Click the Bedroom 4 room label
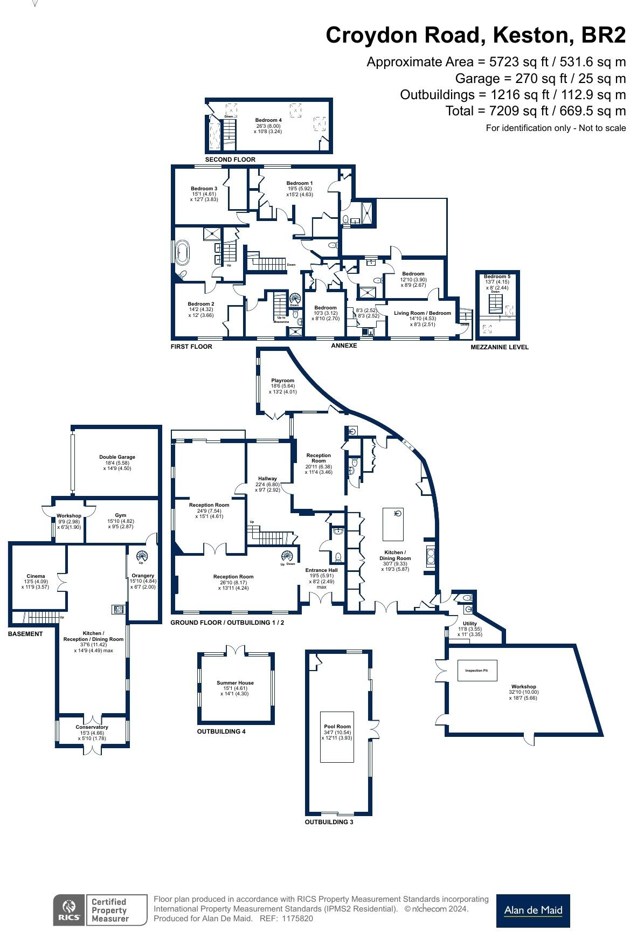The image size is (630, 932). click(268, 120)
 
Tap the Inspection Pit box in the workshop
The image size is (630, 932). click(476, 671)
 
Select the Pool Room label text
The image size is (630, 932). click(337, 727)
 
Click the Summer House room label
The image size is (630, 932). click(235, 683)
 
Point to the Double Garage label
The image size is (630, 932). click(117, 457)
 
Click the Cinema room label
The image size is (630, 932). click(36, 576)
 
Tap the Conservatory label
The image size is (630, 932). click(92, 727)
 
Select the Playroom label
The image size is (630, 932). click(282, 381)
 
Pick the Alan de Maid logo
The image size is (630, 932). click(532, 910)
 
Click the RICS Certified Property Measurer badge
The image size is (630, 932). click(100, 910)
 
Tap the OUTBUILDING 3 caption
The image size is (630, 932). click(329, 822)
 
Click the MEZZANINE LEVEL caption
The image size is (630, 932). click(499, 347)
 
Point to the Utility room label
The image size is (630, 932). click(470, 624)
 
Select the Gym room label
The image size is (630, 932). click(120, 515)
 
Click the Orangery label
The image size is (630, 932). click(143, 576)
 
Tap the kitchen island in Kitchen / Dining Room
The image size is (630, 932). click(393, 523)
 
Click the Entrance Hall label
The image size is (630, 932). click(321, 570)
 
